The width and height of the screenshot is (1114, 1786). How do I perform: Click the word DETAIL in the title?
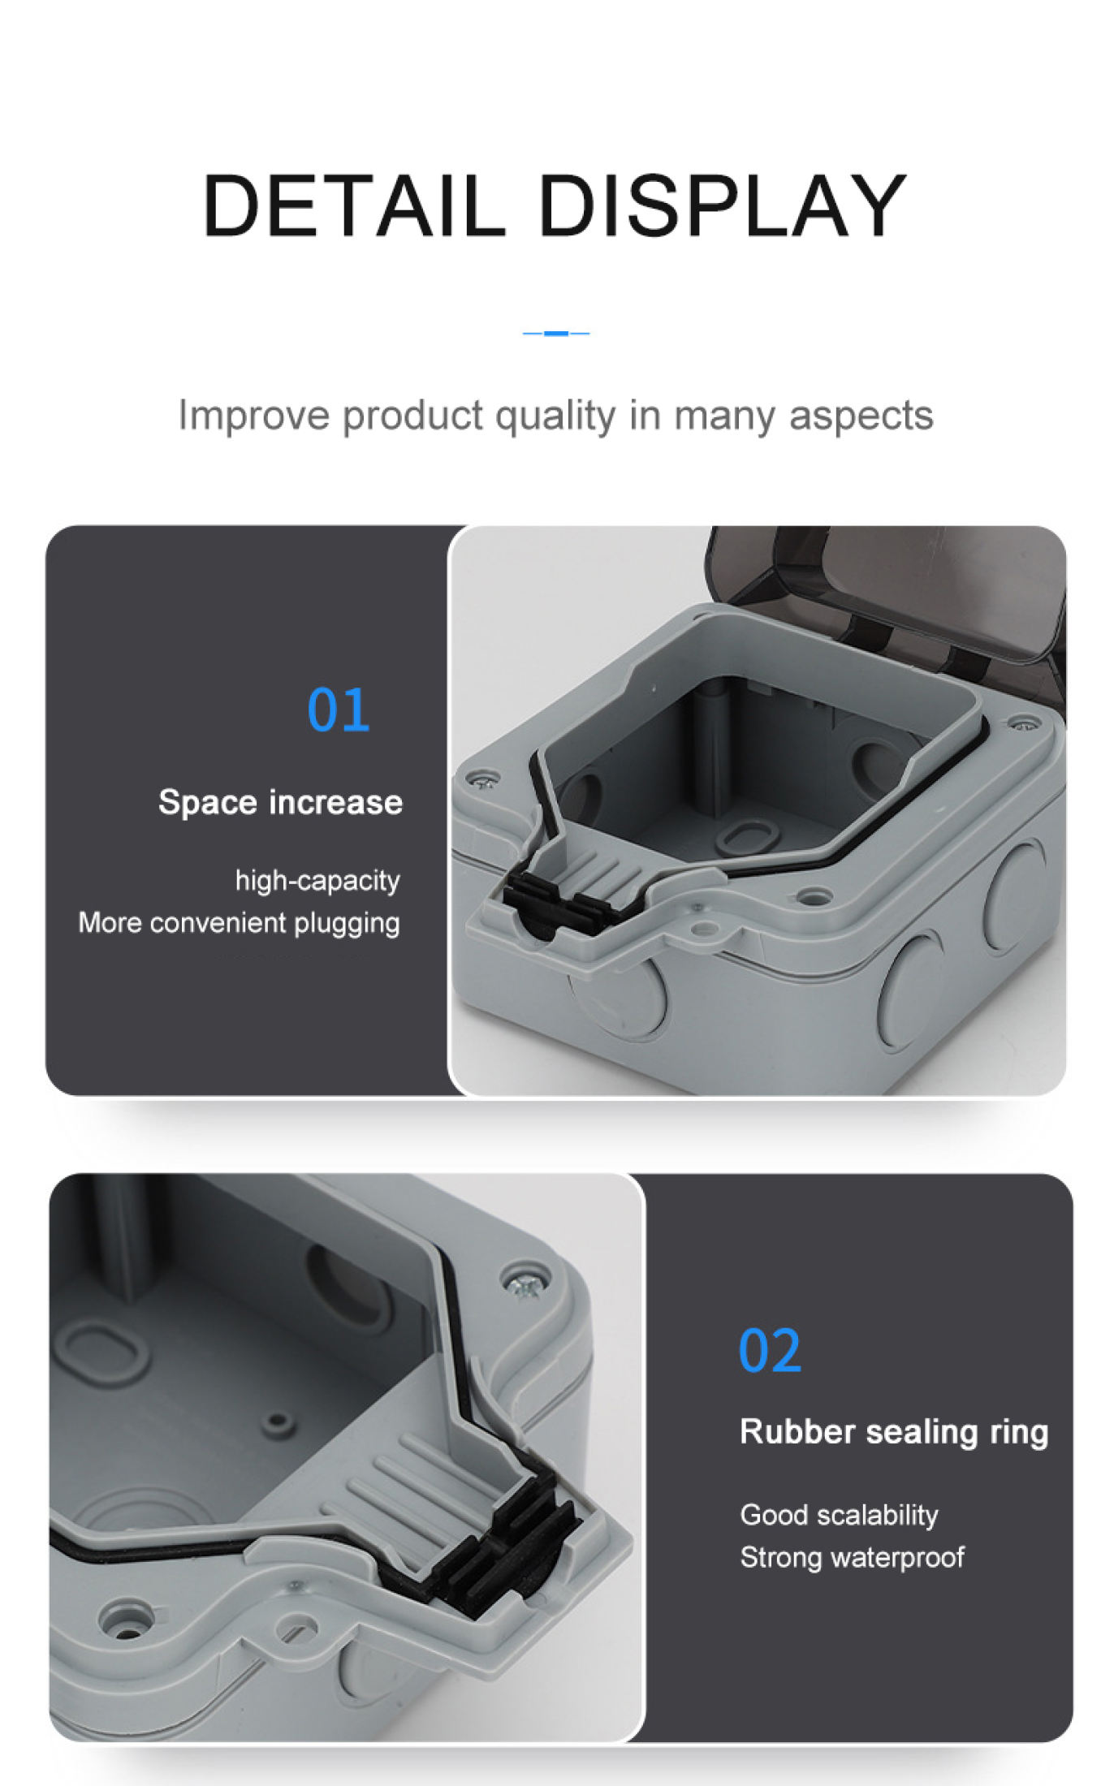(353, 206)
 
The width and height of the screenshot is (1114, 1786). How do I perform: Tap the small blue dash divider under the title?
(556, 333)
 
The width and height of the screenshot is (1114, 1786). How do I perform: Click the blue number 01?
(338, 710)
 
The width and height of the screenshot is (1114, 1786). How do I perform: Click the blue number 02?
(769, 1351)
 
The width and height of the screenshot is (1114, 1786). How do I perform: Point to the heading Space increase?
(280, 802)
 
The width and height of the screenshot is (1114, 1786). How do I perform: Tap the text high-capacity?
(317, 880)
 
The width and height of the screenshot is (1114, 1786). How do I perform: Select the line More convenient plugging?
(239, 923)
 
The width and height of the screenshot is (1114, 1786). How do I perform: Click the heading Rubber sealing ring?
(893, 1431)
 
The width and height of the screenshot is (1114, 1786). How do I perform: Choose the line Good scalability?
(839, 1515)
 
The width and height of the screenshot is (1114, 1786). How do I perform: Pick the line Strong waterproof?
(852, 1557)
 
